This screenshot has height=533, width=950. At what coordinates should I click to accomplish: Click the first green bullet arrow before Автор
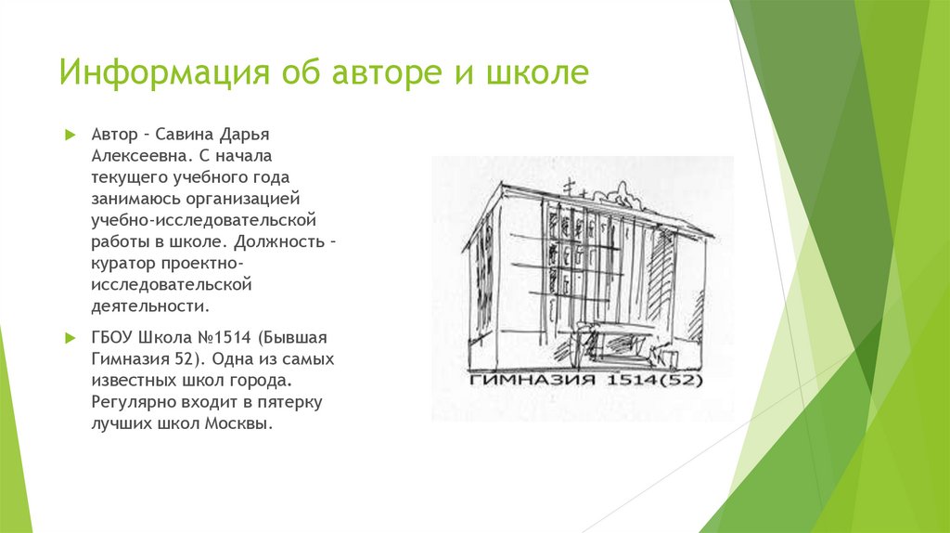pyautogui.click(x=70, y=135)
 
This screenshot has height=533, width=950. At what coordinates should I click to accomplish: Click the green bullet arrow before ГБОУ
pyautogui.click(x=70, y=337)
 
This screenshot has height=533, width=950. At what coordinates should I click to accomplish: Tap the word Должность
pyautogui.click(x=275, y=241)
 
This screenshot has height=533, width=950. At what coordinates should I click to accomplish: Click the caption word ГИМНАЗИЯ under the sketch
pyautogui.click(x=515, y=382)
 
